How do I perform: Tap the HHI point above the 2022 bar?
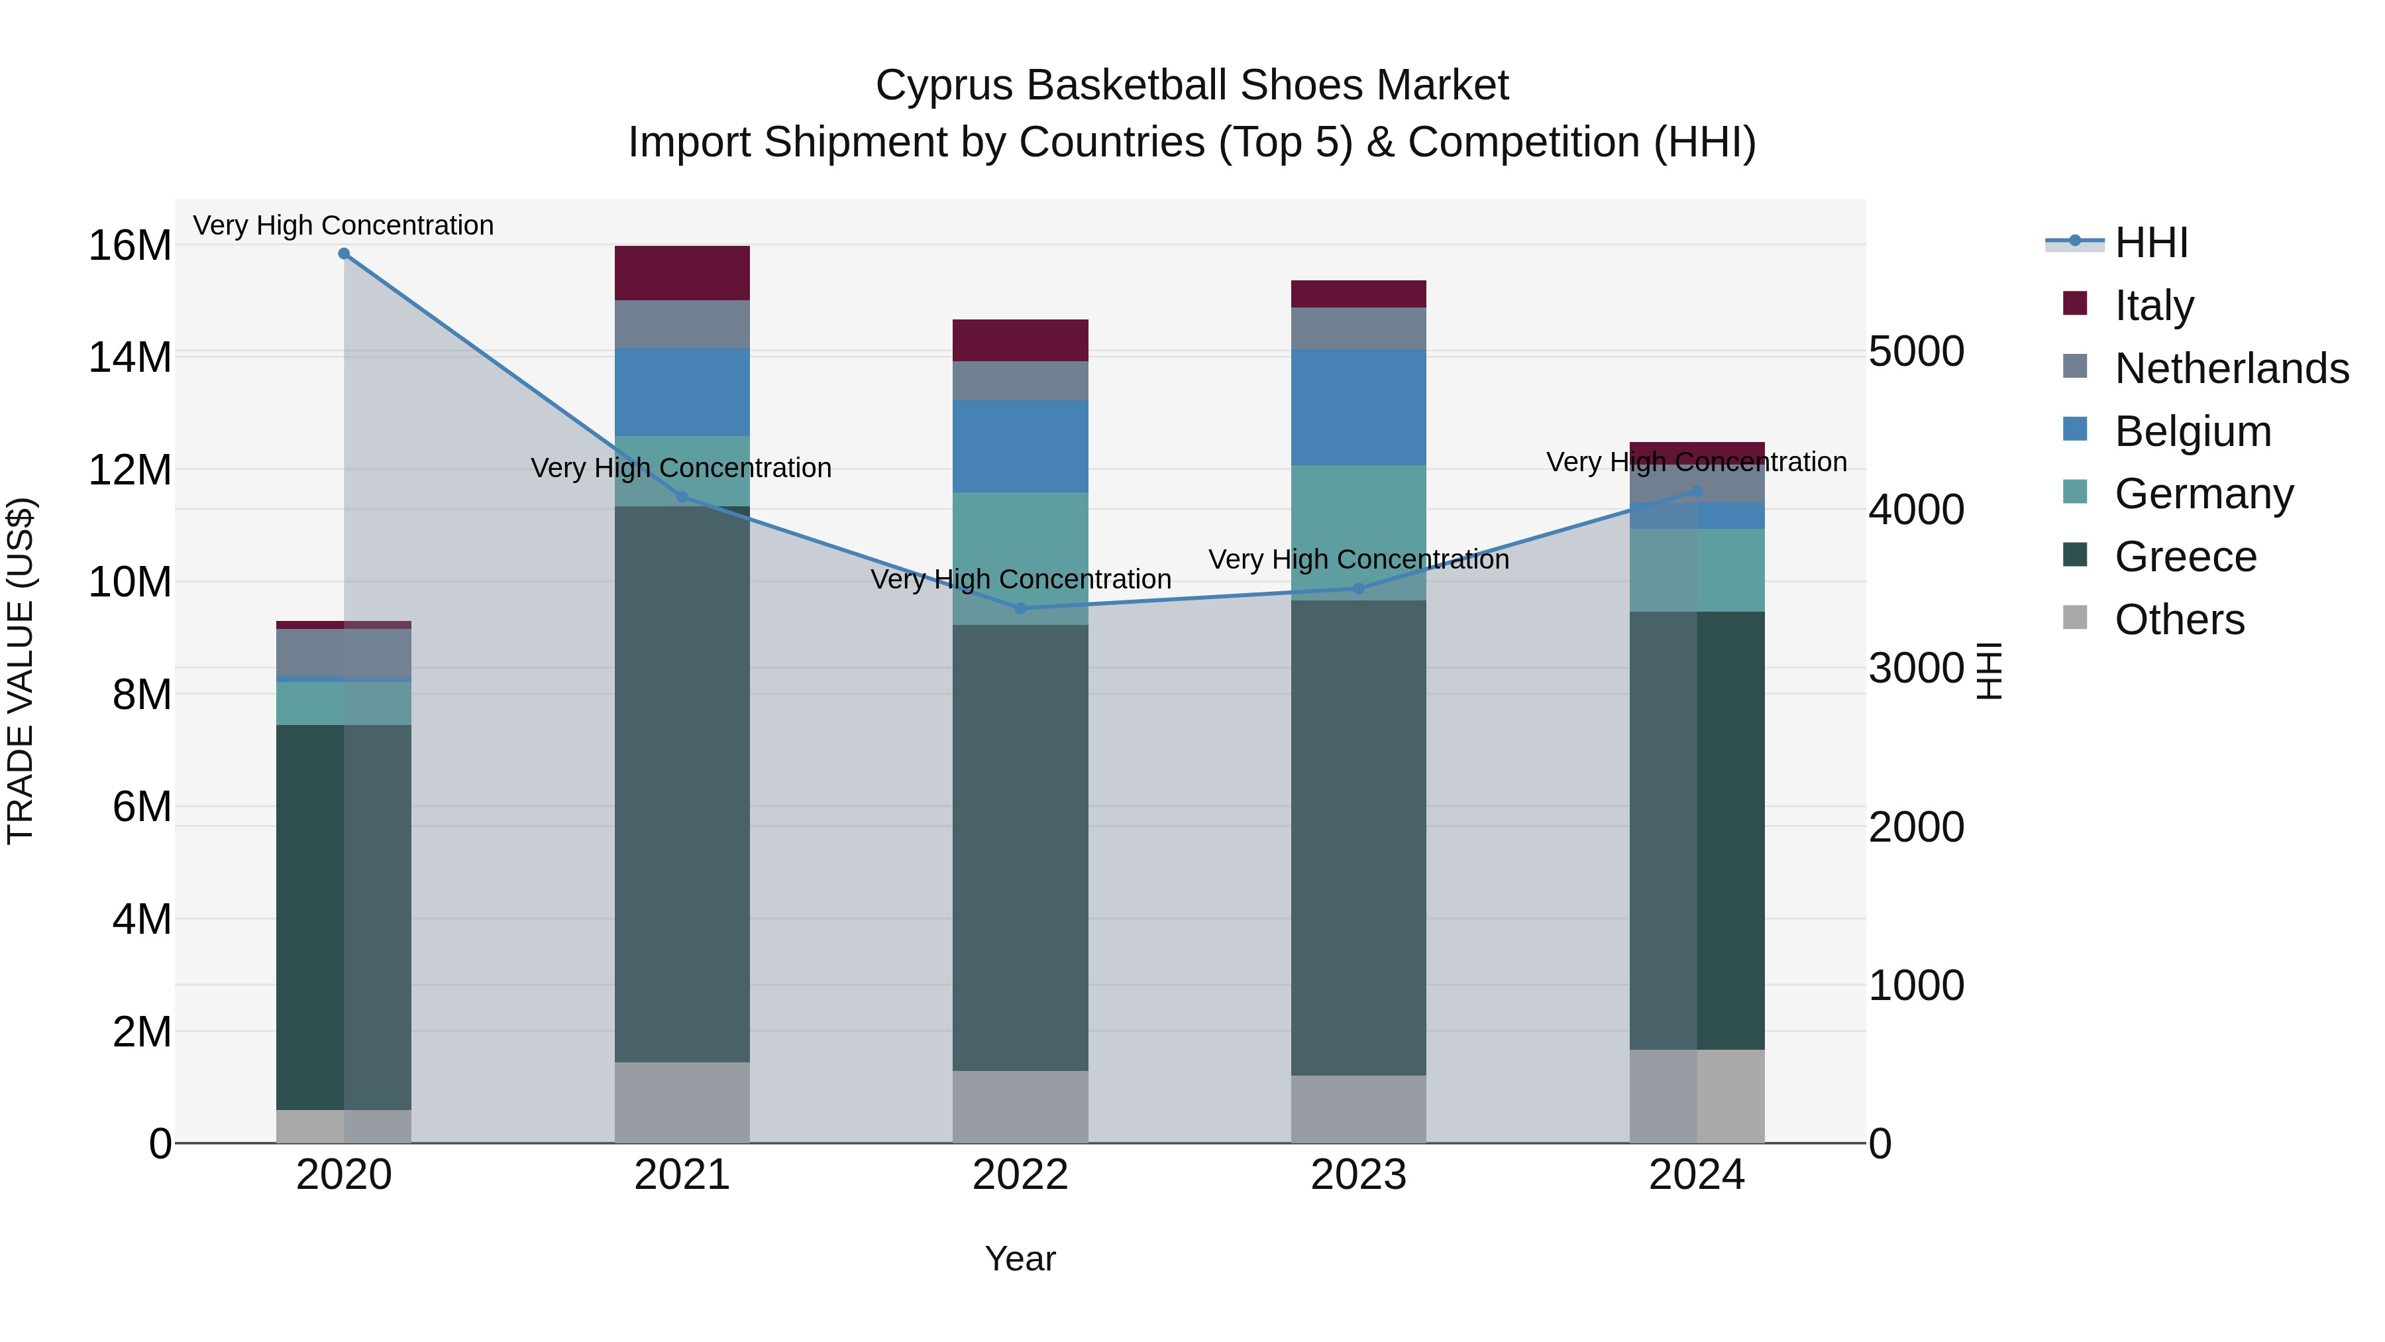[x=1020, y=608]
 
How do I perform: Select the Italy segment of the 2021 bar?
[x=682, y=273]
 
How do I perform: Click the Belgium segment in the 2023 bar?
[x=1358, y=408]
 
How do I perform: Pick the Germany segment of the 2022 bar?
[x=1020, y=559]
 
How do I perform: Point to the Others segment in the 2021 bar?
[x=682, y=1102]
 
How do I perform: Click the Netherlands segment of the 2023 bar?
[x=1358, y=329]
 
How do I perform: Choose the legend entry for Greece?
[x=2185, y=557]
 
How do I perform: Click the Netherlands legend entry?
[x=2231, y=368]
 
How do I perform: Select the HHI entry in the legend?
[x=2150, y=243]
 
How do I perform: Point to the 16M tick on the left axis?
[x=130, y=247]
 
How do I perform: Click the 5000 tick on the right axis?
[x=1915, y=352]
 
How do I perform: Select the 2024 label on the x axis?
[x=1696, y=1175]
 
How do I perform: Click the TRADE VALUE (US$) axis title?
[x=21, y=671]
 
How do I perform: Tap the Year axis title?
[x=1020, y=1258]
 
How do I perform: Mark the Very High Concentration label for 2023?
[x=1358, y=559]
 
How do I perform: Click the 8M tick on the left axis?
[x=140, y=695]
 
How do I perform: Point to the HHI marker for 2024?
[x=1696, y=492]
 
